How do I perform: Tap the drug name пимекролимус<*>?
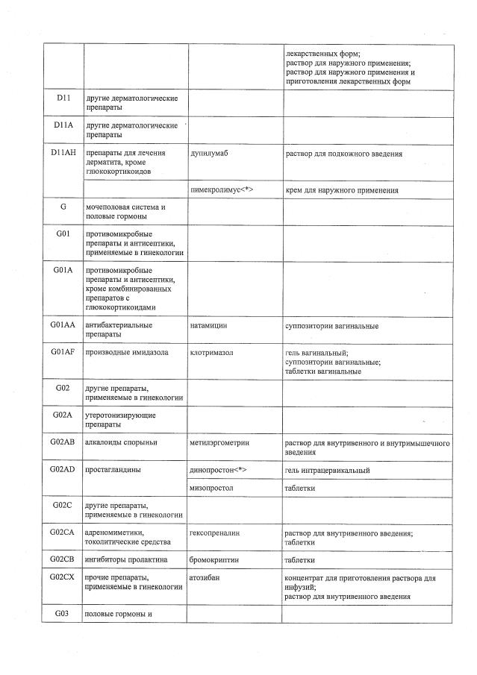[x=222, y=190]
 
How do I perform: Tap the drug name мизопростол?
[x=213, y=488]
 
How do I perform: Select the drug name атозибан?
[x=207, y=578]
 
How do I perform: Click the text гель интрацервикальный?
[x=327, y=470]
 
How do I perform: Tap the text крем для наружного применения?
[x=341, y=190]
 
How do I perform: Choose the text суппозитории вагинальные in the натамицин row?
[x=331, y=326]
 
